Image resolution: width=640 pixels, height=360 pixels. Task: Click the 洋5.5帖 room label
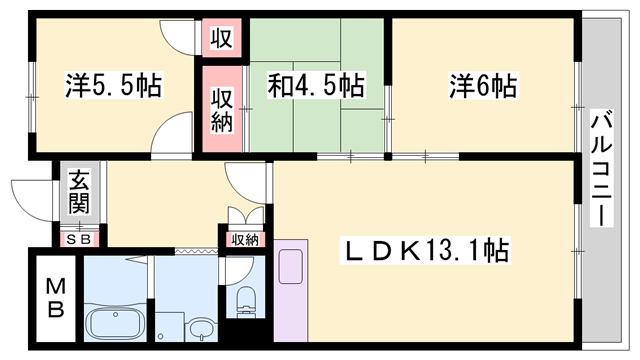point(114,85)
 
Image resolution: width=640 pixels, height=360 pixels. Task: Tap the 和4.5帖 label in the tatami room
point(316,85)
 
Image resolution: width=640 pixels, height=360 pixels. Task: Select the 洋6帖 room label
point(483,85)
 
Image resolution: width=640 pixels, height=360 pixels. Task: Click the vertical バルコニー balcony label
point(602,168)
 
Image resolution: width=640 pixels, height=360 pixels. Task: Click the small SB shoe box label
point(78,240)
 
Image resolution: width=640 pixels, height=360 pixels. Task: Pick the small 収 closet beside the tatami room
point(222,38)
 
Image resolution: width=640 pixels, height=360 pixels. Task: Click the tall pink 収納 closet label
point(222,110)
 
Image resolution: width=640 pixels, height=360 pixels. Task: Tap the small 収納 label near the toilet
point(245,240)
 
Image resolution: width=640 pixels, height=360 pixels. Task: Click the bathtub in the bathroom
point(116,322)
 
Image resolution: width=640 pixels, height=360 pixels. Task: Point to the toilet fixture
point(245,301)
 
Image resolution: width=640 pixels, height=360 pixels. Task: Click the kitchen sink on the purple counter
point(291,267)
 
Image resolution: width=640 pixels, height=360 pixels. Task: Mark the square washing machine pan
point(170,327)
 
